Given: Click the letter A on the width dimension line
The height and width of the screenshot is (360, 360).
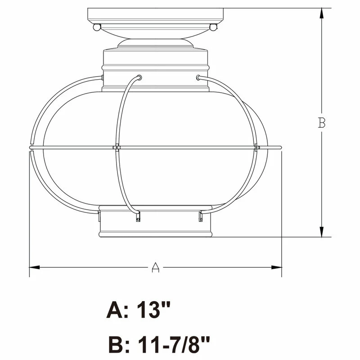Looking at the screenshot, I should tap(155, 267).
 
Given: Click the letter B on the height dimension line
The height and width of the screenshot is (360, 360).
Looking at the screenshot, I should tap(321, 122).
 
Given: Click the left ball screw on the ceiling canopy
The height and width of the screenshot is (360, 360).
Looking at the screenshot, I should tap(96, 27).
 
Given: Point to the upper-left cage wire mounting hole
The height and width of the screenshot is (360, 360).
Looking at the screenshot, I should tap(139, 77).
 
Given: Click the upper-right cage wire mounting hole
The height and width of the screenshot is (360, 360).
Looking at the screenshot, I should tap(198, 77).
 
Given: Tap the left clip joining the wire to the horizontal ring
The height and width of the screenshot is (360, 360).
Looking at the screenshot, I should tap(116, 147).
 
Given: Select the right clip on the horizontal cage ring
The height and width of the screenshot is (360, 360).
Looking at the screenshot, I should tap(256, 147).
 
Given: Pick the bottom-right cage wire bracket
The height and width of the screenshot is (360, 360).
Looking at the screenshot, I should tap(200, 217).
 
